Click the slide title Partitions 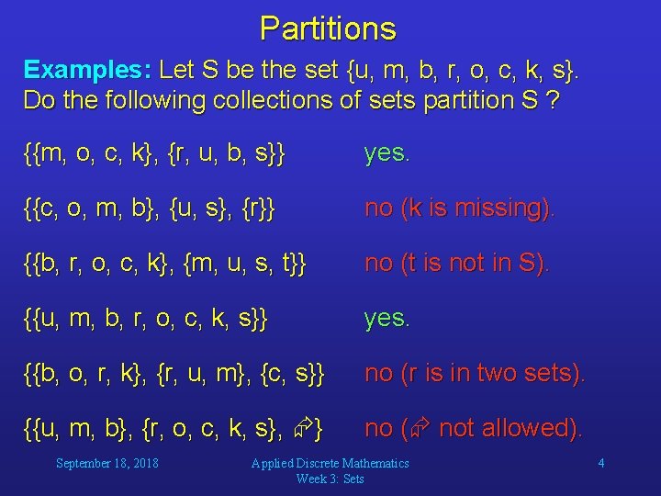click(328, 28)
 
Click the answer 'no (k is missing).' click(459, 208)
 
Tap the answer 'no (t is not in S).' click(456, 263)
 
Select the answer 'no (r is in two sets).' click(475, 373)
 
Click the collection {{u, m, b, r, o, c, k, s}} click(145, 318)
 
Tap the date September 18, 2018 click(106, 463)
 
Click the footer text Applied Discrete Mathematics click(330, 463)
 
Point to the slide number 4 click(600, 463)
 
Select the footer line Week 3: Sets click(330, 479)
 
